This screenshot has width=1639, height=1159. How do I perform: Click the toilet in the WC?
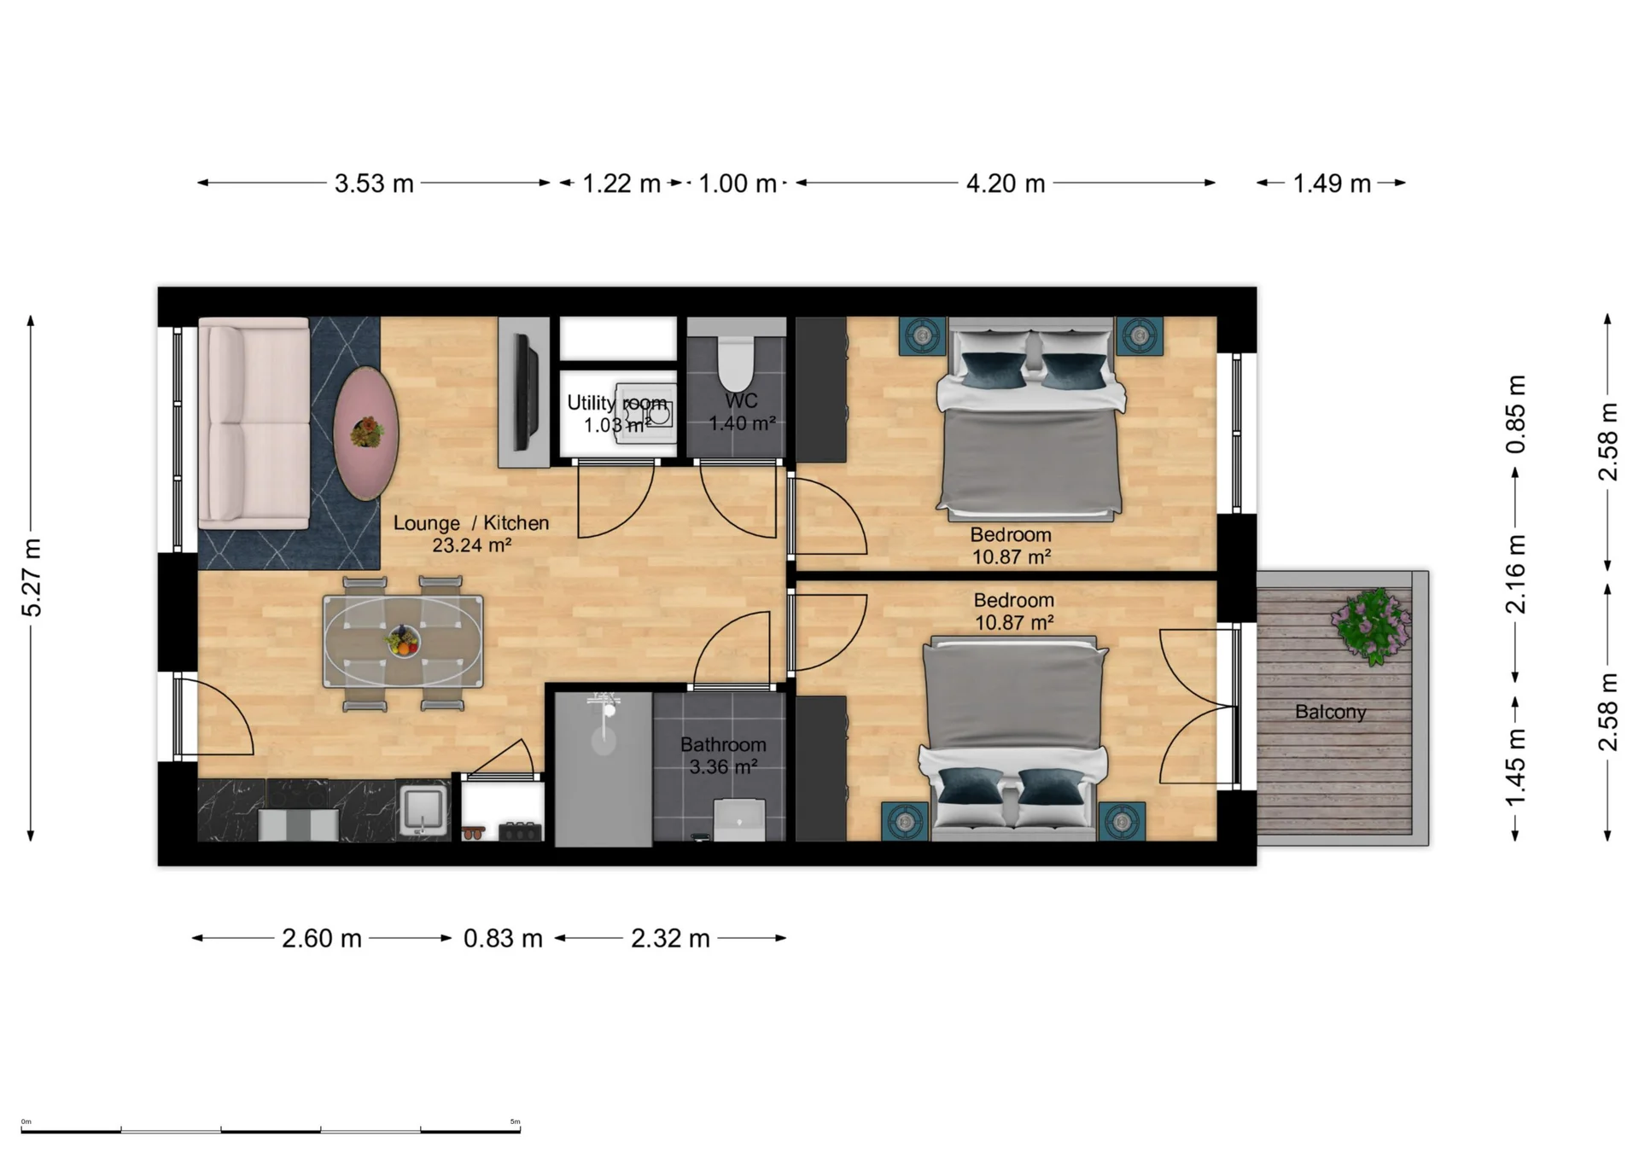tap(736, 363)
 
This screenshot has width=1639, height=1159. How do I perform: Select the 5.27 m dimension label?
tap(32, 578)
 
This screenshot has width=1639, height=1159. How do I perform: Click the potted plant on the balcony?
tap(1371, 626)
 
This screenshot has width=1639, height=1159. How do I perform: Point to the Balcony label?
tap(1330, 712)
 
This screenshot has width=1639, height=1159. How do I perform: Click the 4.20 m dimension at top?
tap(1005, 183)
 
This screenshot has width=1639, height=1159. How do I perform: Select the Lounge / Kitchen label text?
tap(470, 523)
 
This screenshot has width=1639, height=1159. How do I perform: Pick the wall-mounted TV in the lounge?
tap(525, 392)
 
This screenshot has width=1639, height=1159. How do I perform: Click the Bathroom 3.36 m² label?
tap(723, 755)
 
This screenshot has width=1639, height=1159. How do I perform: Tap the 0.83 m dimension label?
tap(503, 939)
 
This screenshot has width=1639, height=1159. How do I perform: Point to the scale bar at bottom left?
tap(271, 1130)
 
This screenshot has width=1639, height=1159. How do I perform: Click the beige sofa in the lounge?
tap(254, 422)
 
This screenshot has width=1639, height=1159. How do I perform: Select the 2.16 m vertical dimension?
tap(1515, 574)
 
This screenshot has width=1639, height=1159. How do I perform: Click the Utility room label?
tap(616, 404)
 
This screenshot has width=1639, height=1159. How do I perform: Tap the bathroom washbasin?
tap(738, 818)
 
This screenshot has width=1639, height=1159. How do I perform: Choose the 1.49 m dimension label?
tap(1331, 183)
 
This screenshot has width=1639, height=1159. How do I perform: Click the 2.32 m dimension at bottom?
tap(670, 939)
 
